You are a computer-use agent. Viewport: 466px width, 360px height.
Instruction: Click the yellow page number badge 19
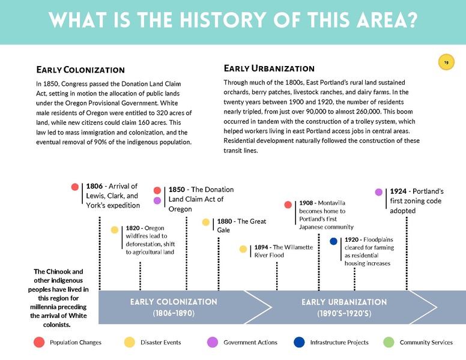coord(446,62)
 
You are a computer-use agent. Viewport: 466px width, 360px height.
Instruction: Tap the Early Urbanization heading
coord(268,68)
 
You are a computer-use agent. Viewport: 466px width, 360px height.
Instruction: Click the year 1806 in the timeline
coord(97,187)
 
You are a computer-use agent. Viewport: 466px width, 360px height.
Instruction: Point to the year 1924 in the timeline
coord(401,191)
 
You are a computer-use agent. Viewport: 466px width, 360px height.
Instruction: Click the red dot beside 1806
coord(75,187)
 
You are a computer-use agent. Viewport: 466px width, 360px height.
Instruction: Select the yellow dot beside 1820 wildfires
coord(115,229)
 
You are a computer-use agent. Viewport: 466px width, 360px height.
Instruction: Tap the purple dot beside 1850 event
coord(157,201)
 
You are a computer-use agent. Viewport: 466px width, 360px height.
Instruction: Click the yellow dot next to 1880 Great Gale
coord(206,222)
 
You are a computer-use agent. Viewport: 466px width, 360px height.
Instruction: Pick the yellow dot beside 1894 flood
coord(243,248)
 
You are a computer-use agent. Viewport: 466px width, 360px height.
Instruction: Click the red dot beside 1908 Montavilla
coord(288,205)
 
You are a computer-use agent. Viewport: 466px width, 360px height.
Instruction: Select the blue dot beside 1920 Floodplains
coord(334,241)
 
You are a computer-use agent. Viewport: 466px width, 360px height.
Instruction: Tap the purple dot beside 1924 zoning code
coord(379,192)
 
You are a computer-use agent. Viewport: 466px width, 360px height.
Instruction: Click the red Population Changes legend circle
coord(39,342)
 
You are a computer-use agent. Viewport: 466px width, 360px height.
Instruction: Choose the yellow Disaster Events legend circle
coord(129,342)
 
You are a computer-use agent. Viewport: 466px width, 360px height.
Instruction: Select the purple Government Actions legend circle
coord(212,342)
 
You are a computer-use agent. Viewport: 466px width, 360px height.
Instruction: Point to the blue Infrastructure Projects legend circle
coord(299,342)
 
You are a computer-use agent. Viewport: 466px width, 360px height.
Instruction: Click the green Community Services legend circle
coord(389,342)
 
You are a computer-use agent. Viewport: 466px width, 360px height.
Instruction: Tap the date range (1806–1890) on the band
coord(174,313)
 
